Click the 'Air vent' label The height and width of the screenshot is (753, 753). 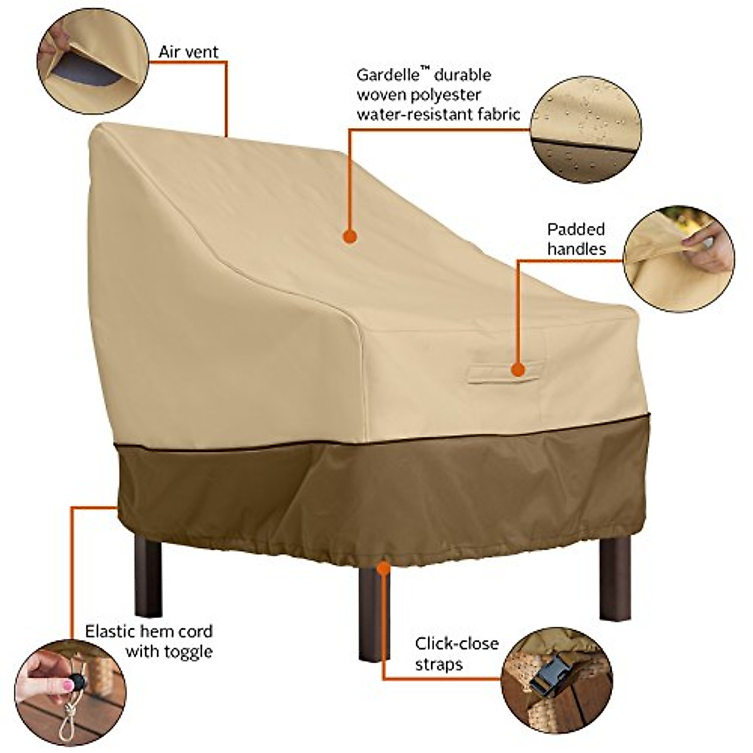[188, 51]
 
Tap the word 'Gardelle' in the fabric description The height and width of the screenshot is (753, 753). [384, 75]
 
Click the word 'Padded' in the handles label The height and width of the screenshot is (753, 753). [575, 228]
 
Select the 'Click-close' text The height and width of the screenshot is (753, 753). [456, 643]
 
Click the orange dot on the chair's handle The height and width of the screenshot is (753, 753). [518, 370]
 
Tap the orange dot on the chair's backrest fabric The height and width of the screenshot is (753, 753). [350, 237]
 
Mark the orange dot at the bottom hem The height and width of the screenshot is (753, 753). [383, 568]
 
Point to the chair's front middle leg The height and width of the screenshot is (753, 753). [374, 612]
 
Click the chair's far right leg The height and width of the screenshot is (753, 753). [614, 577]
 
